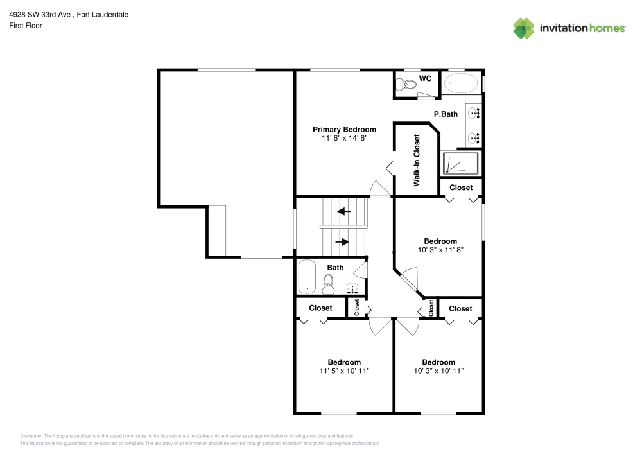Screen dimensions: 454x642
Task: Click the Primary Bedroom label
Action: point(343,129)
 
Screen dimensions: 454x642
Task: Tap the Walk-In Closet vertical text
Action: point(417,160)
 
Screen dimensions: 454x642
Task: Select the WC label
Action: point(425,78)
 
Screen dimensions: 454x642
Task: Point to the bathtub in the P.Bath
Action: point(461,83)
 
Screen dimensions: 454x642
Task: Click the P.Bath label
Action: point(446,114)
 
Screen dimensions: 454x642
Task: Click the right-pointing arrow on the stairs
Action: point(343,242)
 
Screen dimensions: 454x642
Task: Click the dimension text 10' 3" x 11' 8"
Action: point(440,250)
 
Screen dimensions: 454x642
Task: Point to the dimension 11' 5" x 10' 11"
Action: point(344,371)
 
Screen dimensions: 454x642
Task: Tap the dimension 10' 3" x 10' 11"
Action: point(438,371)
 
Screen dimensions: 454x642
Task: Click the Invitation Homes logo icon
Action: point(523,28)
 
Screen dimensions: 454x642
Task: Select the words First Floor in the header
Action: point(26,26)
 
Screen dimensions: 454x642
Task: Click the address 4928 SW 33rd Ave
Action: point(40,15)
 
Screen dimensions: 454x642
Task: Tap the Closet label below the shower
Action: point(460,188)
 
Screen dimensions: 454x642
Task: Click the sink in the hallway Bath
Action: point(352,287)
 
